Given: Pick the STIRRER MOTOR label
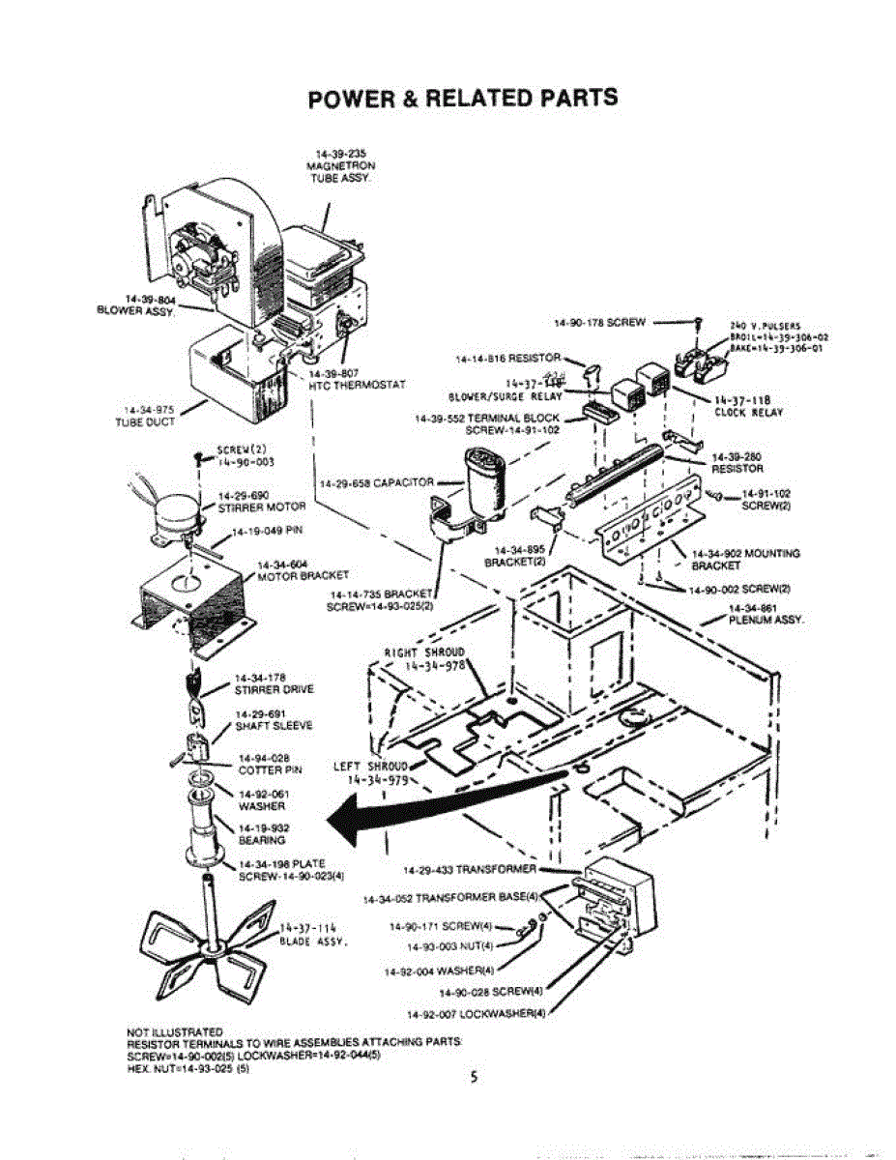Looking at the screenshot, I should [x=261, y=506].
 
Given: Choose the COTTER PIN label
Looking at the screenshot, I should [x=271, y=769].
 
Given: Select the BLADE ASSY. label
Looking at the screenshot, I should [x=306, y=940].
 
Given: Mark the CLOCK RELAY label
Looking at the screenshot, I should [x=748, y=413].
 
